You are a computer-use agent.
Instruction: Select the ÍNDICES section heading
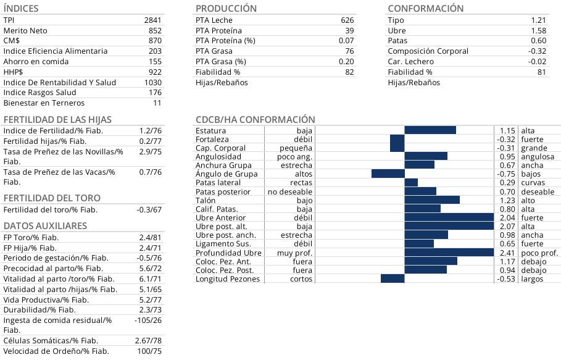coord(21,9)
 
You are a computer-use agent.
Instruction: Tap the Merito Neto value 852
coord(155,31)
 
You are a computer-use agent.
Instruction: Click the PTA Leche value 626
coord(347,20)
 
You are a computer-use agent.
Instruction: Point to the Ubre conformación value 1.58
coord(538,31)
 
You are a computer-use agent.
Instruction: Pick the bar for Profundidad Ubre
coord(449,253)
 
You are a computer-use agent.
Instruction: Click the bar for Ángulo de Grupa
coord(388,174)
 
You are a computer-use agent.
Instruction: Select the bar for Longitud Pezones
coord(393,278)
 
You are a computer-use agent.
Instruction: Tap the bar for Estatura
coord(430,130)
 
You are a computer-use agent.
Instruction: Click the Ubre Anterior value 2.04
coord(507,218)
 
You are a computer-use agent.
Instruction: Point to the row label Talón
coord(206,200)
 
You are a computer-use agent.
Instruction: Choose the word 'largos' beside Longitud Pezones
coord(532,279)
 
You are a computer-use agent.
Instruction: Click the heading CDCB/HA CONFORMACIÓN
coord(255,119)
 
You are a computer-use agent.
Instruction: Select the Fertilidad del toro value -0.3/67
coord(149,210)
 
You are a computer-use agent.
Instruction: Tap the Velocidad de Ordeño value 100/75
coord(149,351)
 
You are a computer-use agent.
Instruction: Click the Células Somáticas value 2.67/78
coord(148,341)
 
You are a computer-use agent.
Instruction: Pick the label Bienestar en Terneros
coord(44,103)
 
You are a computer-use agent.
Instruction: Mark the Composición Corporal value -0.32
coord(538,51)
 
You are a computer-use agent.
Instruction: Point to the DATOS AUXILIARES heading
coord(45,226)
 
